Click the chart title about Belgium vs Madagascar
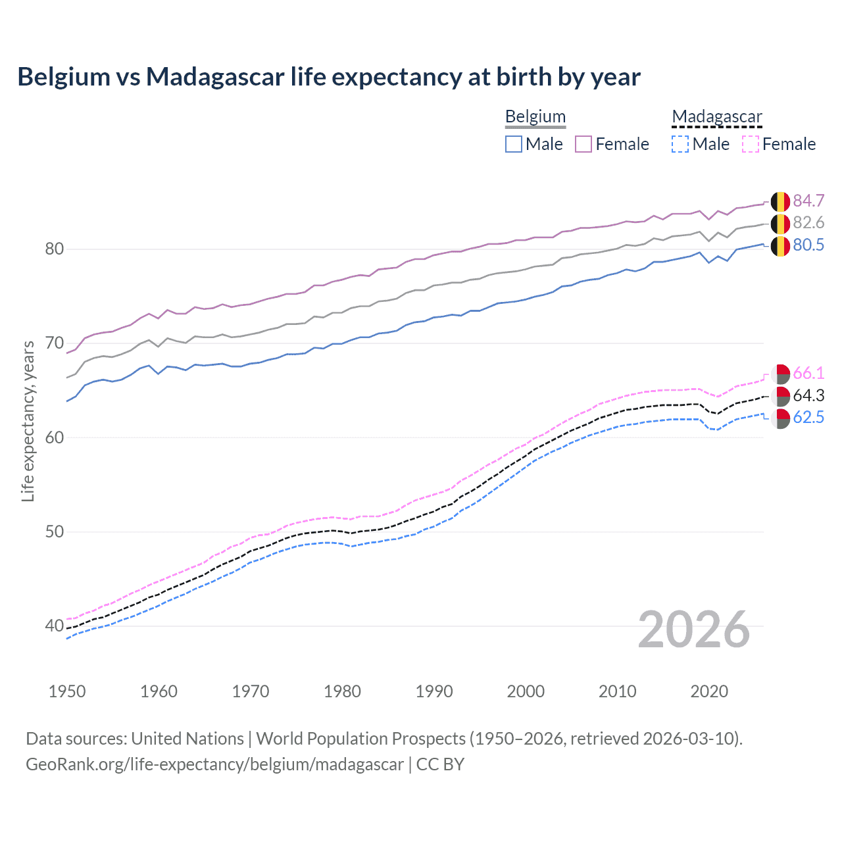click(328, 77)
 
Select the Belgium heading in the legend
click(535, 116)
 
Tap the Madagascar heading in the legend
click(716, 116)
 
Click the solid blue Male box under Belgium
click(514, 144)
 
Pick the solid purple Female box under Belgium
click(583, 144)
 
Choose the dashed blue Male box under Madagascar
click(680, 144)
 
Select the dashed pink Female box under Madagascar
click(751, 144)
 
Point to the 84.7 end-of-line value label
click(808, 201)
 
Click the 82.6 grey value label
click(808, 222)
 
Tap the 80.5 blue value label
click(808, 245)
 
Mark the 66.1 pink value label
click(808, 373)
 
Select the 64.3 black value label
click(808, 395)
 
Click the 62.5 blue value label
click(808, 417)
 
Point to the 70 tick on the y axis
click(55, 343)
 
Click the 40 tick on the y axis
click(55, 626)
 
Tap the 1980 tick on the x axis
click(342, 691)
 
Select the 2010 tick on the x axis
click(617, 691)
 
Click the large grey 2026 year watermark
click(693, 630)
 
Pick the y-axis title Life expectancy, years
click(28, 421)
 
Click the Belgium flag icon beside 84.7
click(780, 201)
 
